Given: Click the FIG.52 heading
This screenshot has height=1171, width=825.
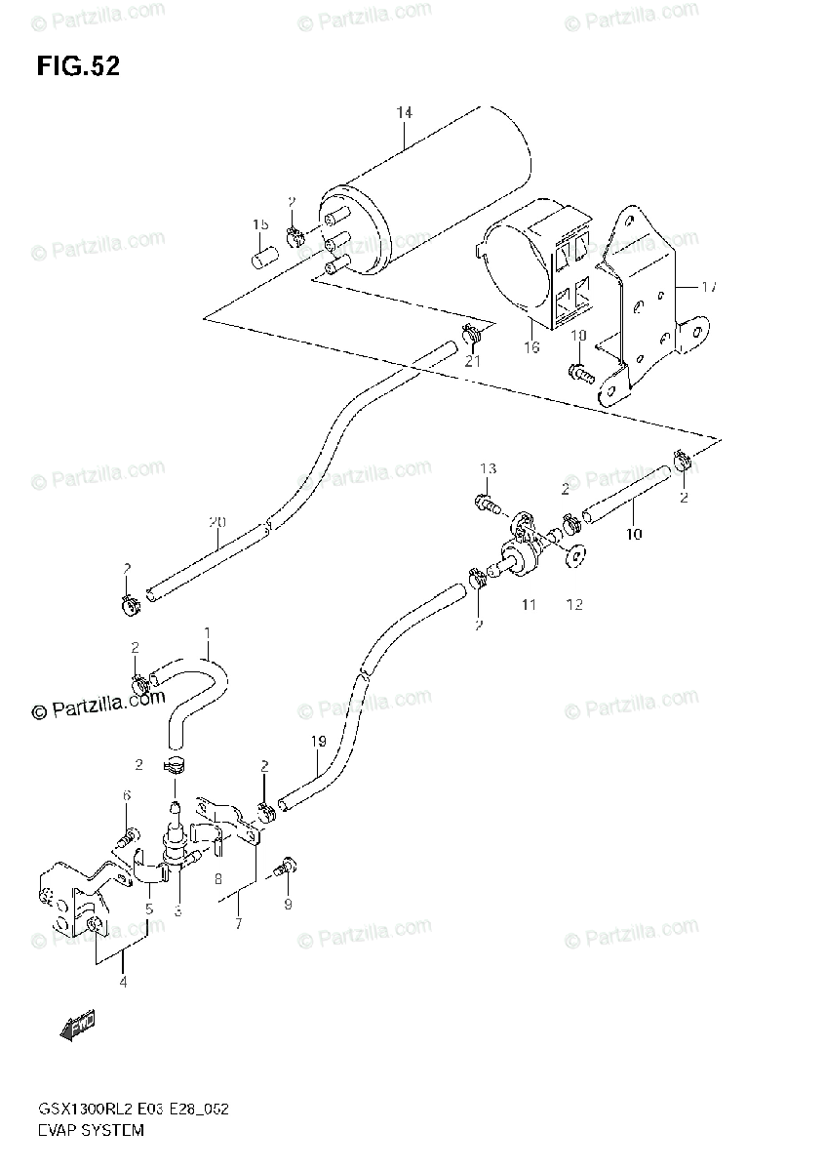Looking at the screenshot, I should [78, 66].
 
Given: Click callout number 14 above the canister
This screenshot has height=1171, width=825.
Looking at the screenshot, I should [404, 113].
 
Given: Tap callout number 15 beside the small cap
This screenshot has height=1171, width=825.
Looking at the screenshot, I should [260, 224].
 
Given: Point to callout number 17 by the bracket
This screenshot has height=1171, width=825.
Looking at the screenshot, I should [709, 287].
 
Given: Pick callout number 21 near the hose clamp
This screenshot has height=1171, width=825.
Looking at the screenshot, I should [473, 361].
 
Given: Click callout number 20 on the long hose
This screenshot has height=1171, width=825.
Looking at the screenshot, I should [216, 522].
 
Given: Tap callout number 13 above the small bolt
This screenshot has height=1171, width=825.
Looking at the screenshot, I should [488, 469].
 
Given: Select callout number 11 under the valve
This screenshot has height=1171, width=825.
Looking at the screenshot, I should [528, 605].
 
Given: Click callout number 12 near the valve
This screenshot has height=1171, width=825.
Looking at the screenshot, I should [573, 605].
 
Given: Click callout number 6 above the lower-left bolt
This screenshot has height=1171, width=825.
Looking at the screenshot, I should [126, 796].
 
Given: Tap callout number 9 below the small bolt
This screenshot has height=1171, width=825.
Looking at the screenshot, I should [288, 905].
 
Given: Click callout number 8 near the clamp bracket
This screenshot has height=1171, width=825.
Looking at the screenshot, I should [217, 879].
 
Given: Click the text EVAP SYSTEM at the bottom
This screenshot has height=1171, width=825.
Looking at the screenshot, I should [92, 1131].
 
